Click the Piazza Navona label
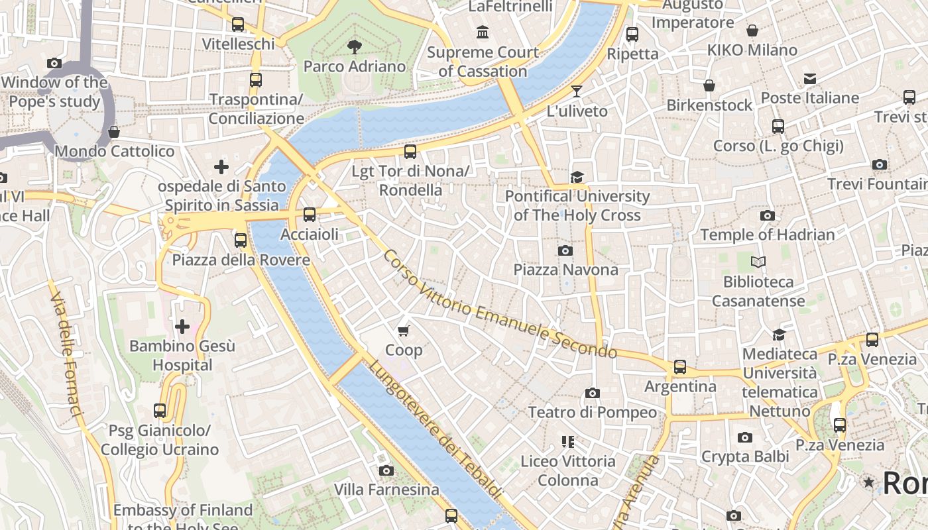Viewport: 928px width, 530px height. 565,270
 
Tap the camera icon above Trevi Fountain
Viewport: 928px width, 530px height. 879,164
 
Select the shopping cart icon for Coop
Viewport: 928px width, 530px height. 403,330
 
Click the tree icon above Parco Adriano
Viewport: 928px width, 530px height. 355,46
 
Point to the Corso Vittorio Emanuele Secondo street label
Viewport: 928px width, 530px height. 500,304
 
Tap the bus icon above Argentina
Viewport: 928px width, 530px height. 680,366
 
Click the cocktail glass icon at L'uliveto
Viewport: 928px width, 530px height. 577,91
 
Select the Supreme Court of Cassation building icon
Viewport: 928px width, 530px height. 483,32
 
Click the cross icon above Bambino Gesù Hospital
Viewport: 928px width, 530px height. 182,326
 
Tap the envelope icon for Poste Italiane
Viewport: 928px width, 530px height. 809,79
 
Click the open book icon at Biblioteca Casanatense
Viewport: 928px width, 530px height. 758,262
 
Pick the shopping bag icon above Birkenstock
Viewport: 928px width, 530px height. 709,85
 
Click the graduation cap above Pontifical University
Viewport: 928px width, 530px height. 577,177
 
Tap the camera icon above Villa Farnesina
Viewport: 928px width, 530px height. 386,470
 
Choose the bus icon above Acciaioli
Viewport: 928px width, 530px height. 309,214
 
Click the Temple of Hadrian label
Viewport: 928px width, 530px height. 768,235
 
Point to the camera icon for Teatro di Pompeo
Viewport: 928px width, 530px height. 593,393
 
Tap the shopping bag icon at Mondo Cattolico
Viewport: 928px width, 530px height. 114,132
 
